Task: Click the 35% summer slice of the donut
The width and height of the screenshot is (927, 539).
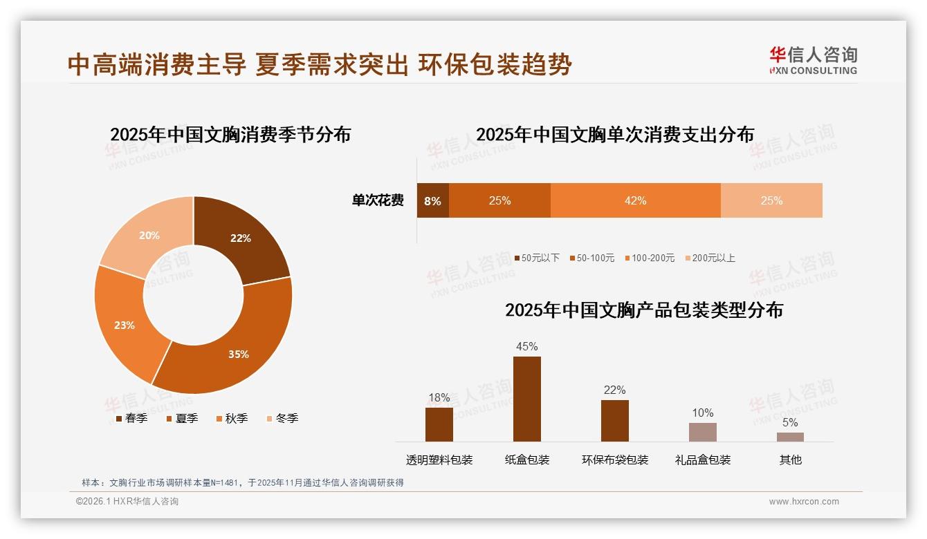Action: click(x=235, y=349)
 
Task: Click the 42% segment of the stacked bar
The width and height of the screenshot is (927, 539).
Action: click(x=635, y=200)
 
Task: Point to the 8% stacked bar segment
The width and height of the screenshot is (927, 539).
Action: click(x=432, y=200)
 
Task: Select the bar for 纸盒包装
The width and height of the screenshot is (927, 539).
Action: click(x=526, y=399)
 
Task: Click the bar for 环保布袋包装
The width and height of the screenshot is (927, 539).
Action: click(x=614, y=420)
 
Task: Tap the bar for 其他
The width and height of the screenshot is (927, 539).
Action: click(x=790, y=437)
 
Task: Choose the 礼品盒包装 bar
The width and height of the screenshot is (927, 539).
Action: click(x=702, y=432)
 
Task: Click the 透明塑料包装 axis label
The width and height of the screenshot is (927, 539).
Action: click(x=439, y=460)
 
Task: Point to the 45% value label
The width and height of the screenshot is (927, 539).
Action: click(x=526, y=346)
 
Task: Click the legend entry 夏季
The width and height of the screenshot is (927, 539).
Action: click(x=182, y=418)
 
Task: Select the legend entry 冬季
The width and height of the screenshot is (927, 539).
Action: click(x=282, y=418)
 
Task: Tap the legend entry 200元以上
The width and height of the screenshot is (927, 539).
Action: click(x=710, y=258)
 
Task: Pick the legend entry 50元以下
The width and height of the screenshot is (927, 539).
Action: click(x=536, y=258)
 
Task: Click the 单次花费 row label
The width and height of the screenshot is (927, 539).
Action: click(x=378, y=200)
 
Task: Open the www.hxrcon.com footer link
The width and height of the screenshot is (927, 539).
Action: click(x=804, y=502)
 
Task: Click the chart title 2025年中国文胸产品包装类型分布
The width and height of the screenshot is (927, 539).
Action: click(x=643, y=310)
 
